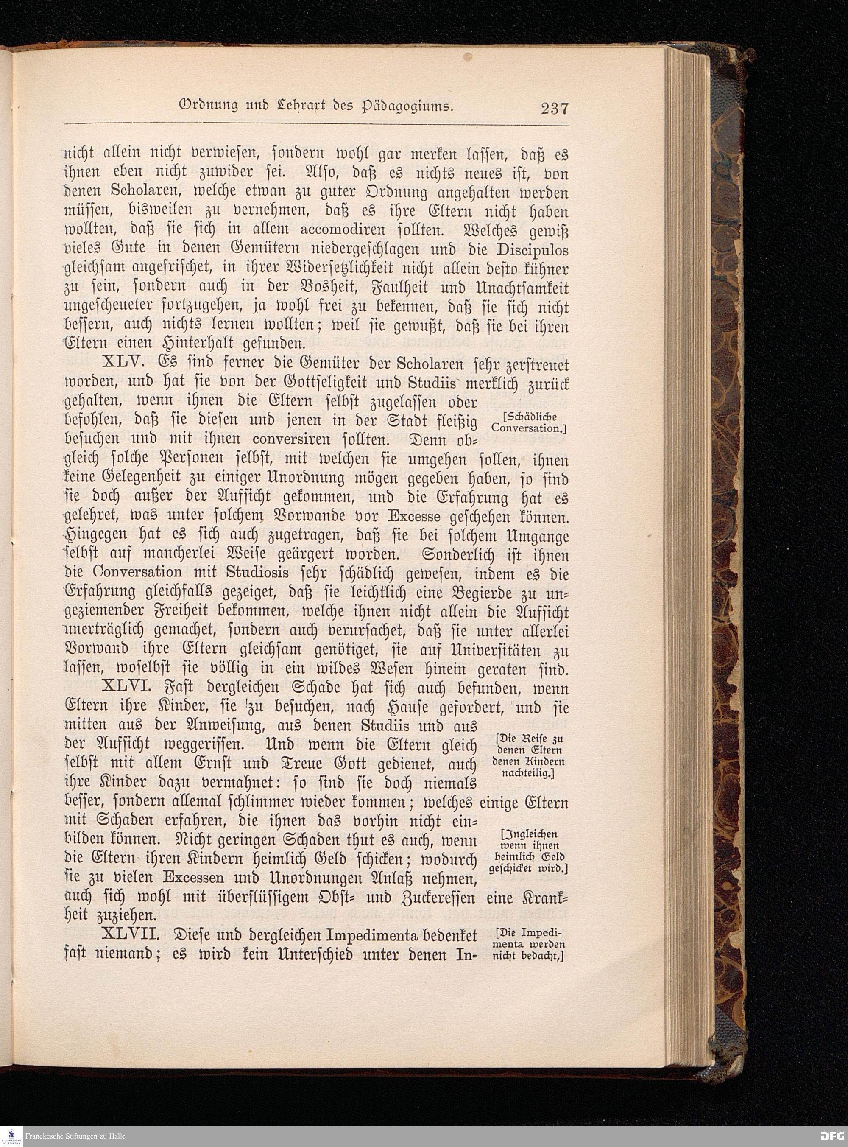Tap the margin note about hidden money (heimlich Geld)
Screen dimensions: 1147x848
pos(529,858)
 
